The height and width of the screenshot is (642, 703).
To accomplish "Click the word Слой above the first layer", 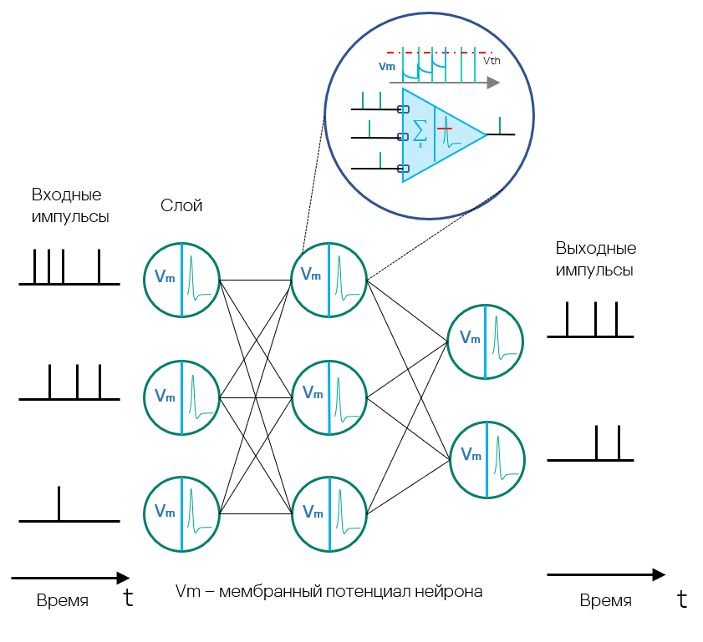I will [181, 206].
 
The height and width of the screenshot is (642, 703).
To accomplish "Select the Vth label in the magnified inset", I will [492, 61].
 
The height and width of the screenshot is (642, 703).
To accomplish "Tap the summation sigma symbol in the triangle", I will [420, 130].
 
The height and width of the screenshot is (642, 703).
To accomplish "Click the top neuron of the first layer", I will [181, 280].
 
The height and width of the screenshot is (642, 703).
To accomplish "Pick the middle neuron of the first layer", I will [181, 397].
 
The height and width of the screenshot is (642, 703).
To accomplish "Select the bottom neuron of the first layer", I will [181, 514].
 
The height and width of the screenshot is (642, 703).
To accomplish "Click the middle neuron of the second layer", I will [329, 397].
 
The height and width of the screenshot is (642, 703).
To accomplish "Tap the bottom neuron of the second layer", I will [329, 514].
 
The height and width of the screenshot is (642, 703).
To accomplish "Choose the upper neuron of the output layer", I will [486, 341].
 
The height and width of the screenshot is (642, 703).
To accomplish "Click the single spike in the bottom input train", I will [59, 503].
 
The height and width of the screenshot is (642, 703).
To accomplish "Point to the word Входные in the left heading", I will [67, 195].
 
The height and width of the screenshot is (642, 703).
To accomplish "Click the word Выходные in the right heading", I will [596, 249].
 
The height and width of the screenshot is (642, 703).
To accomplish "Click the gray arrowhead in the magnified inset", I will [494, 83].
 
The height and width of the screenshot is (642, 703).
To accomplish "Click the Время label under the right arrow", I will [606, 601].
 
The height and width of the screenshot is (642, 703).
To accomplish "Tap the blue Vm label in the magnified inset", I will [387, 67].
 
